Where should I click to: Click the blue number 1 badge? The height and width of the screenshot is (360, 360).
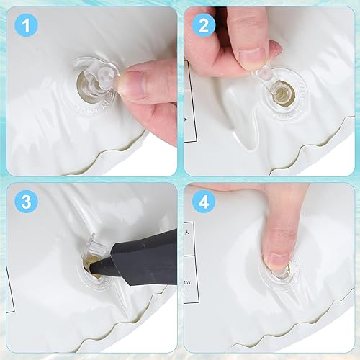pyautogui.click(x=27, y=27)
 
